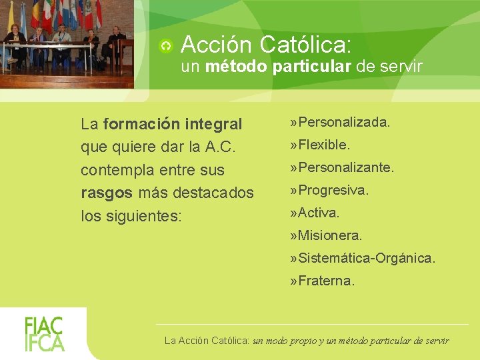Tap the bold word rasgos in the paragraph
click(106, 193)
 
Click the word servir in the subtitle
click(401, 66)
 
